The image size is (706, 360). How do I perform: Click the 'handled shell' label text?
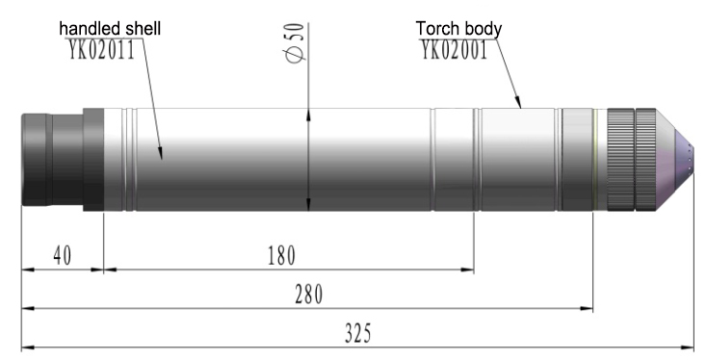[110, 28]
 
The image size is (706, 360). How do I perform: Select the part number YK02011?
[101, 49]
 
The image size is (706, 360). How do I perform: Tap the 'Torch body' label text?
[458, 28]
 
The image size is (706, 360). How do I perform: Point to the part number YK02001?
[455, 49]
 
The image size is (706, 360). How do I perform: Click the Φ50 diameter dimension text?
[295, 42]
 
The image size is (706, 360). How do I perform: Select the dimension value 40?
[63, 256]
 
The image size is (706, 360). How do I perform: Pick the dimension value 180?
[281, 256]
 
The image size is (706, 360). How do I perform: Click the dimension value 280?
[309, 295]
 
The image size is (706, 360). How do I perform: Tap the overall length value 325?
[358, 334]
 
